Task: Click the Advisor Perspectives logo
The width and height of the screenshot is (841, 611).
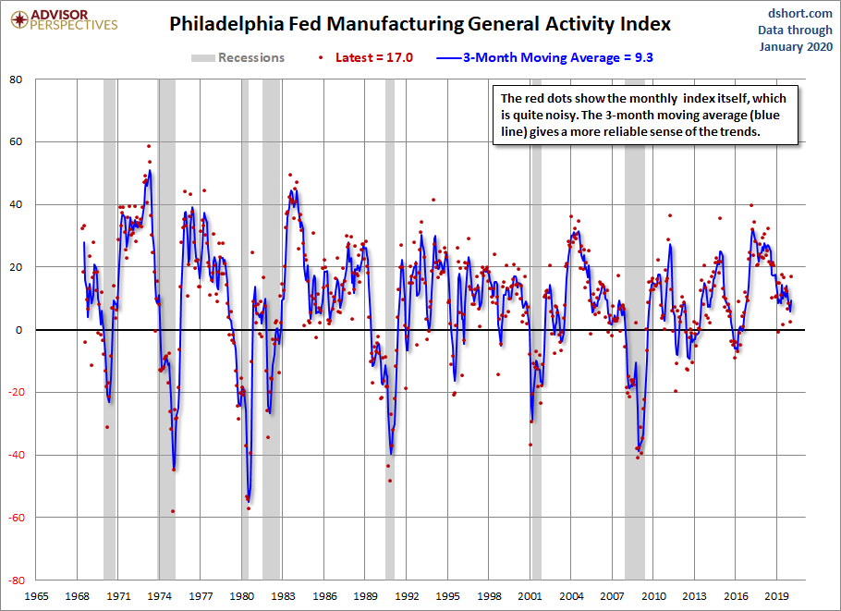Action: pos(65,20)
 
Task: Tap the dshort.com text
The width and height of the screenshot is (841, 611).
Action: pos(799,14)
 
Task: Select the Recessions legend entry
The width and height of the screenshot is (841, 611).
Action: pos(238,58)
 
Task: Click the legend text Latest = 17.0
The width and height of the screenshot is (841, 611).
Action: pos(374,58)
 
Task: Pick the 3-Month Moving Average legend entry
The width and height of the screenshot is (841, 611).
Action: pos(544,58)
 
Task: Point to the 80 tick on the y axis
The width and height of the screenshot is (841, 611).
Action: pos(16,79)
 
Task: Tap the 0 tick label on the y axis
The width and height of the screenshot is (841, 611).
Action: pos(19,330)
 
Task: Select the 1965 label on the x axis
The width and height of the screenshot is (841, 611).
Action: pos(36,596)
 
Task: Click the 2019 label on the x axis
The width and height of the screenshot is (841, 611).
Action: pos(776,596)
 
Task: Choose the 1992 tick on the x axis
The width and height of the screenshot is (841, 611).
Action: pos(407,596)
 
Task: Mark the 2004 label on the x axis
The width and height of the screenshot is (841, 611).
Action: pos(571,596)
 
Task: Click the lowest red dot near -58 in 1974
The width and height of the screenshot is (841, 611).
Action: pos(173,511)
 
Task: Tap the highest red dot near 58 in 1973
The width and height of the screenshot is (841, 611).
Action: pos(149,146)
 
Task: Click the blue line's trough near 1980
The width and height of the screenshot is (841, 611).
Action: pos(249,502)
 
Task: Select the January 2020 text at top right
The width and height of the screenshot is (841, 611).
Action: pos(796,46)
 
